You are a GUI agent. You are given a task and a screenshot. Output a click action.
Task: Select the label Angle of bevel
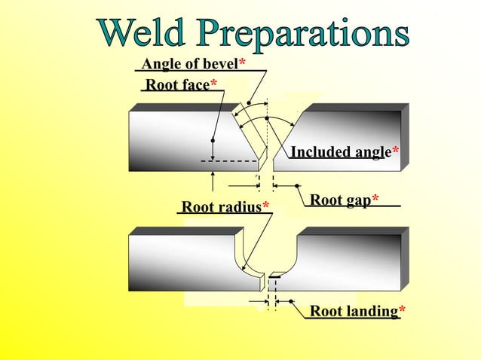coord(189,63)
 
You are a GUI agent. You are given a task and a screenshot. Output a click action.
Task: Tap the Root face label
coord(176,84)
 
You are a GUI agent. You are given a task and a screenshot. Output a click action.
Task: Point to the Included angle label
coord(340,152)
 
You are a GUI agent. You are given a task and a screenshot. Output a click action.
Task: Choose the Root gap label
coord(340,200)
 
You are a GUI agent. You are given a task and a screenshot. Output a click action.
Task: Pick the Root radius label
coord(221,206)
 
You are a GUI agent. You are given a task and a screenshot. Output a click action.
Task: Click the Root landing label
coord(353,310)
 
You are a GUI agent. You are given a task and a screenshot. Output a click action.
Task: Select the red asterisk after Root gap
coord(375,200)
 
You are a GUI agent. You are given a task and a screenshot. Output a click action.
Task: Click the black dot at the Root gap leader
coord(298,185)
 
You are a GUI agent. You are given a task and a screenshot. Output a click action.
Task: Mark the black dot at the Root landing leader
coord(291,302)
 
